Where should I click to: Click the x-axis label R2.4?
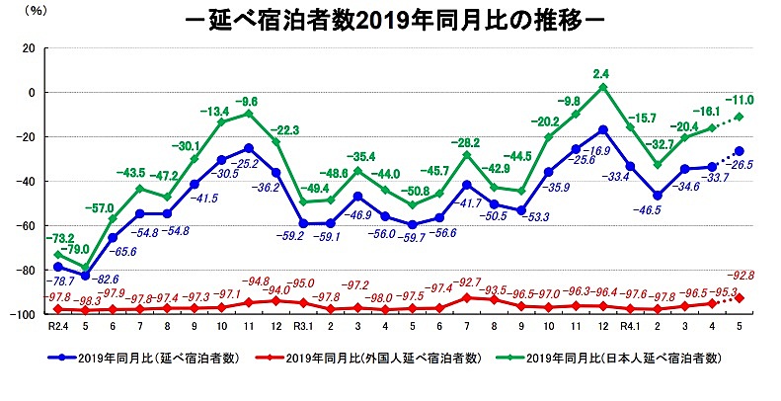58,329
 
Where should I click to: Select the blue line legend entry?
144,358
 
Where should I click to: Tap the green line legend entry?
612,358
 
